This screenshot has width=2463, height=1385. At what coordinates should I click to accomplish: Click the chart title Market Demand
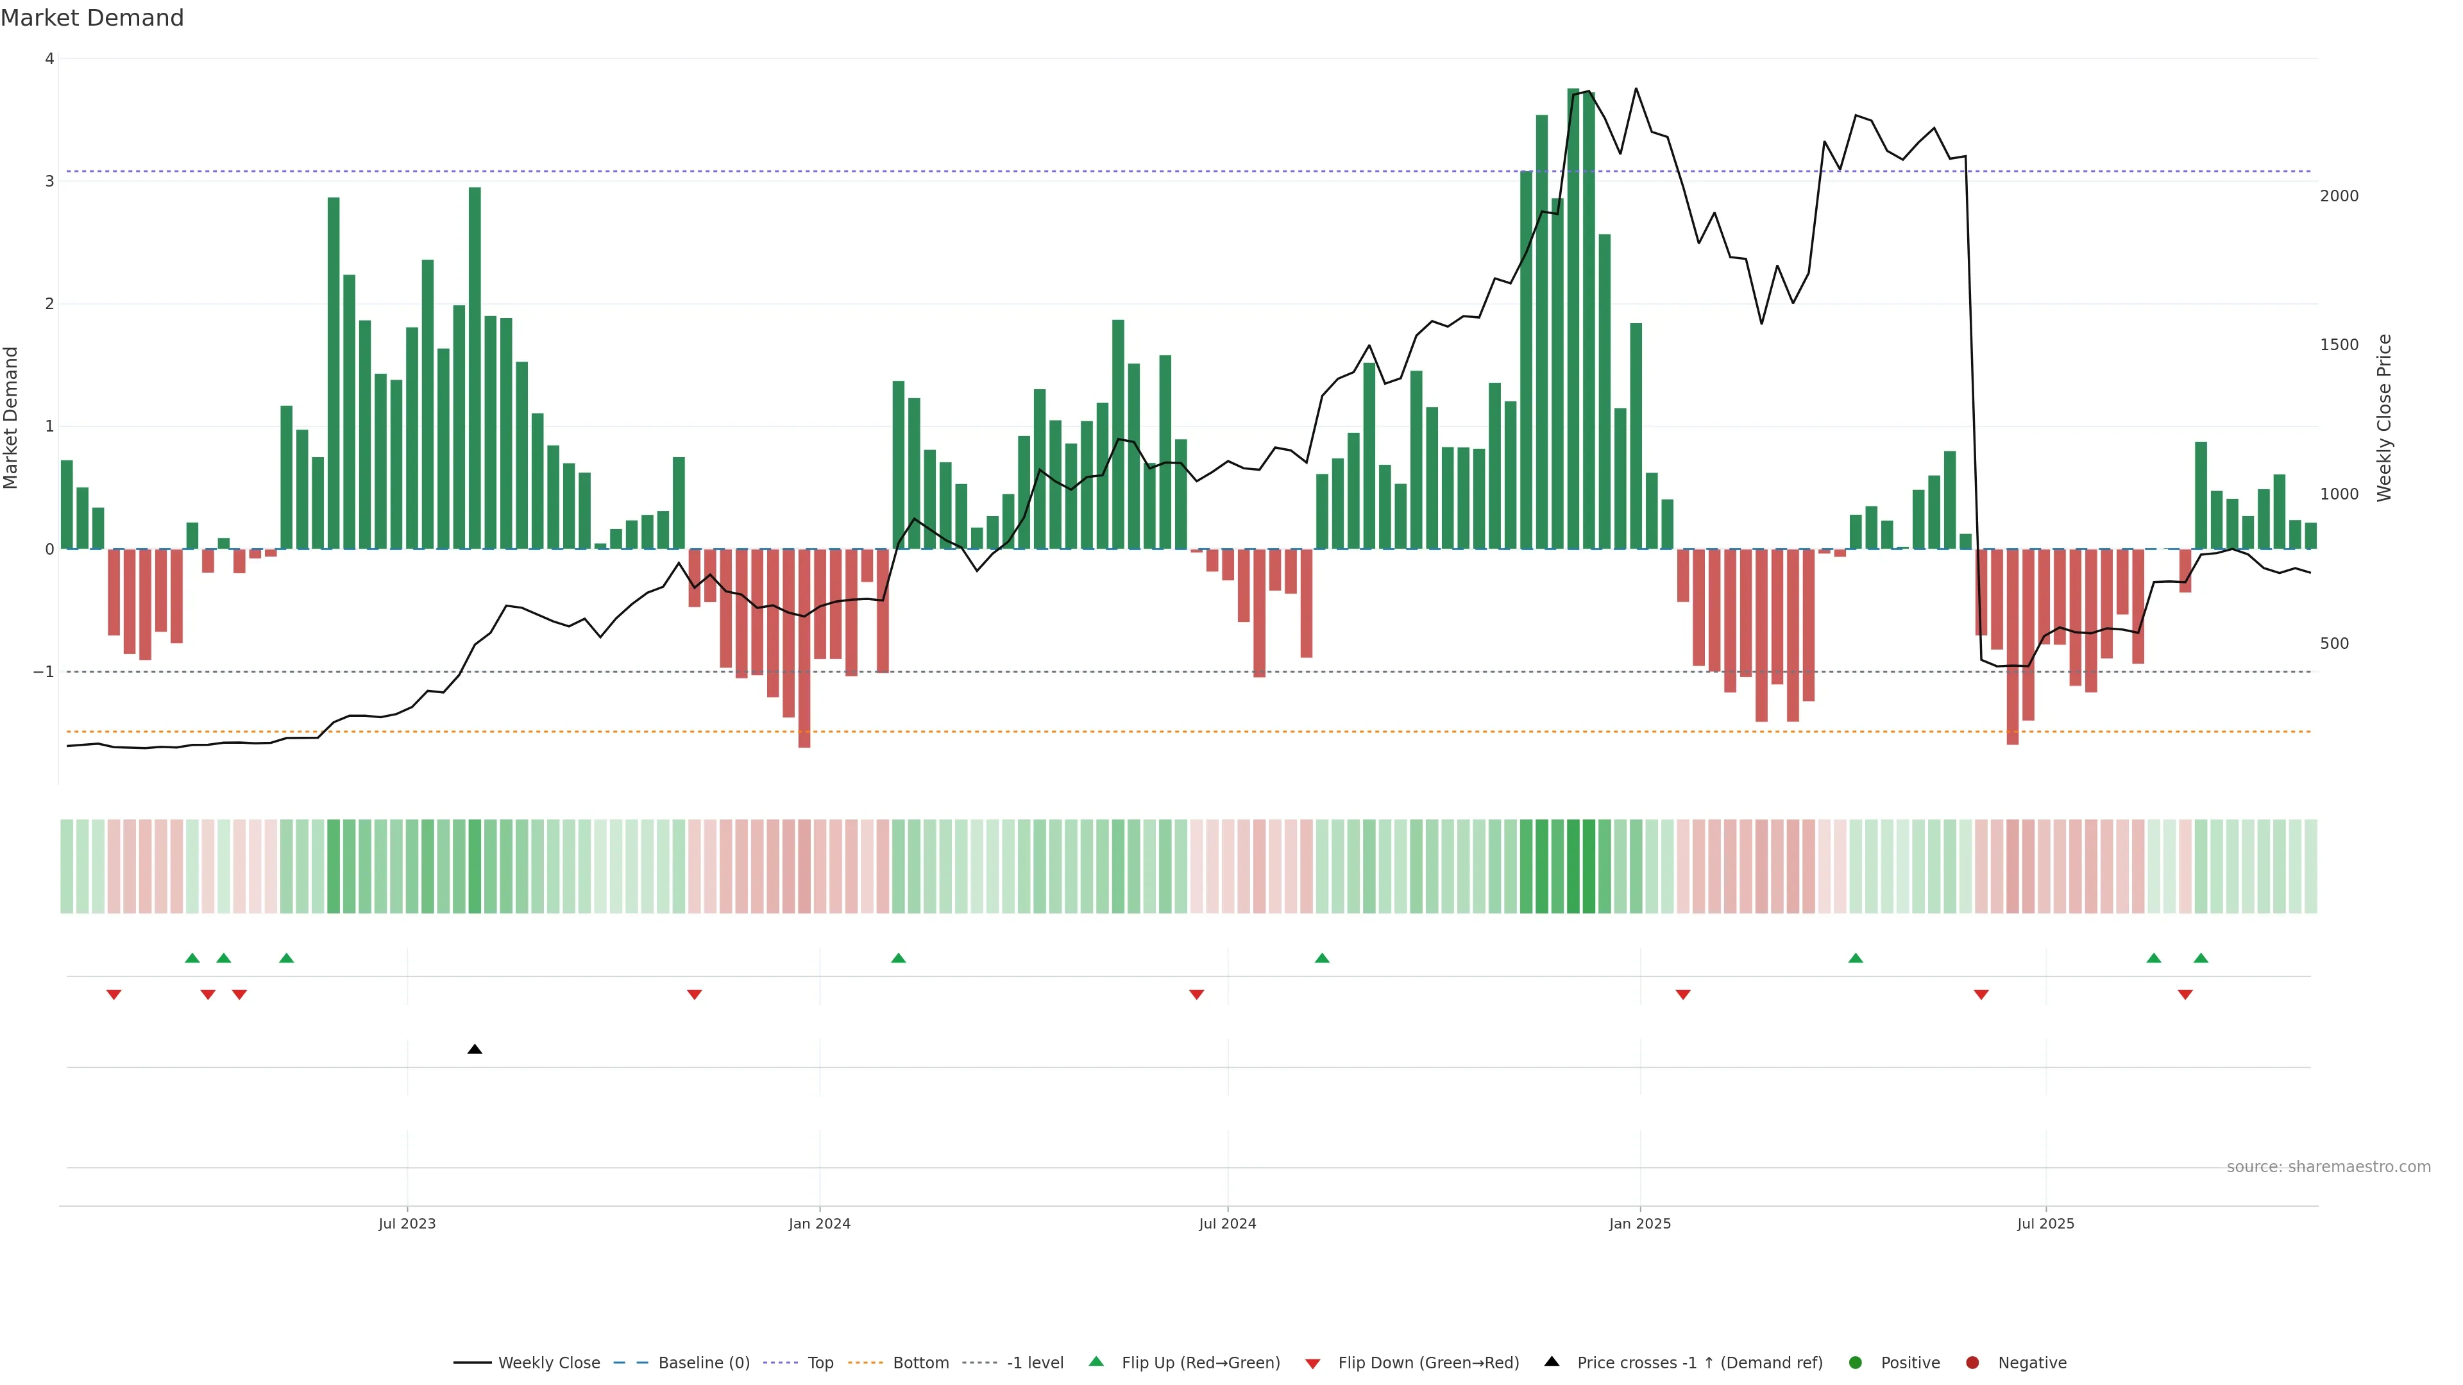point(92,18)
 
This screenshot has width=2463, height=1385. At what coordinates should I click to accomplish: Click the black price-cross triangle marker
point(474,1050)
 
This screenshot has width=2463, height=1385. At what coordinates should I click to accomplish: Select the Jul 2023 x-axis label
point(407,1223)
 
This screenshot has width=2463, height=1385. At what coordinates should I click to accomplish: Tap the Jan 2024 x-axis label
point(820,1223)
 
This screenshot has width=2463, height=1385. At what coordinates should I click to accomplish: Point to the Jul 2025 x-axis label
point(2045,1223)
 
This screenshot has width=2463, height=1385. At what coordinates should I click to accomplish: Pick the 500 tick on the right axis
point(2334,643)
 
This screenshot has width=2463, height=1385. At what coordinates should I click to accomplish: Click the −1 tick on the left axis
point(43,672)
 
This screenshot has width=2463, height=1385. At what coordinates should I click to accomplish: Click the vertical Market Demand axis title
point(12,417)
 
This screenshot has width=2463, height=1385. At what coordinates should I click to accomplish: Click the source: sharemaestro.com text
point(2328,1167)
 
